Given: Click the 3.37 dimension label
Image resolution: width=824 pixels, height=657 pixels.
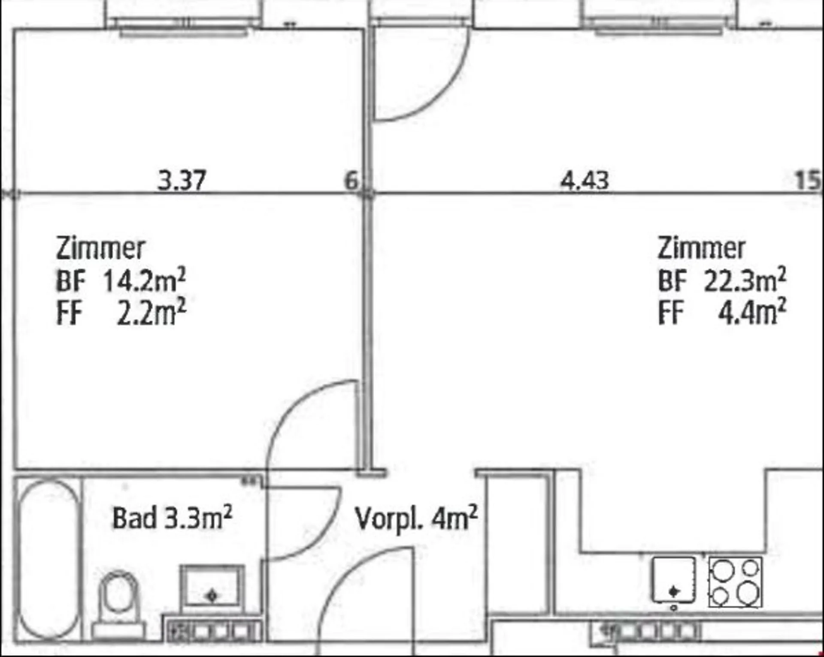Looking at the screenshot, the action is pyautogui.click(x=182, y=181).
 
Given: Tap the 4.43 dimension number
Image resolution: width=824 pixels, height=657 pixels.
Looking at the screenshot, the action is pyautogui.click(x=585, y=181).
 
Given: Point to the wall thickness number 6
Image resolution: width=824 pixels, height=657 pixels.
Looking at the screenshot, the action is pyautogui.click(x=351, y=180).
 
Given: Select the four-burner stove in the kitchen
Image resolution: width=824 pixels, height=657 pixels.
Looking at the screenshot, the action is pyautogui.click(x=735, y=582).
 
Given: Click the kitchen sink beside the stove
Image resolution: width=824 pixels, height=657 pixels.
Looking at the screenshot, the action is pyautogui.click(x=673, y=580).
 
